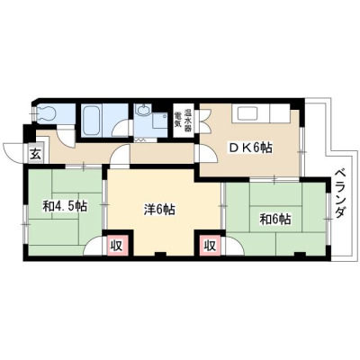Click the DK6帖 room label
coord(250,148)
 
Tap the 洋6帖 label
coord(159,210)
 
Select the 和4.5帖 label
coord(65,206)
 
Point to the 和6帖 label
coord(275,220)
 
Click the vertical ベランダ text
coord(339,194)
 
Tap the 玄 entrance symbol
coord(35,155)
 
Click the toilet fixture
coord(47,113)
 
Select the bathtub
coord(91,121)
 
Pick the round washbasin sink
coord(142,111)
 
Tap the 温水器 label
coord(188,117)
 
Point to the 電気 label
coord(177,119)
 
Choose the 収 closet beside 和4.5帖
coord(116,246)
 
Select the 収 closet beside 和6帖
coord(210,246)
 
